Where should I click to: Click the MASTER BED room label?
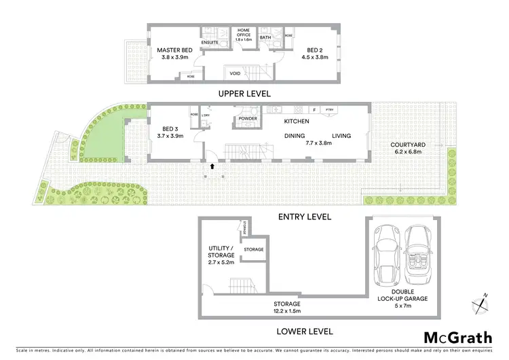[x=175, y=50]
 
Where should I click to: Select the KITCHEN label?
[x=297, y=122]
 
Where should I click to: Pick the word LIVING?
[x=341, y=136]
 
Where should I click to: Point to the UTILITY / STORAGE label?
[x=220, y=252]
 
